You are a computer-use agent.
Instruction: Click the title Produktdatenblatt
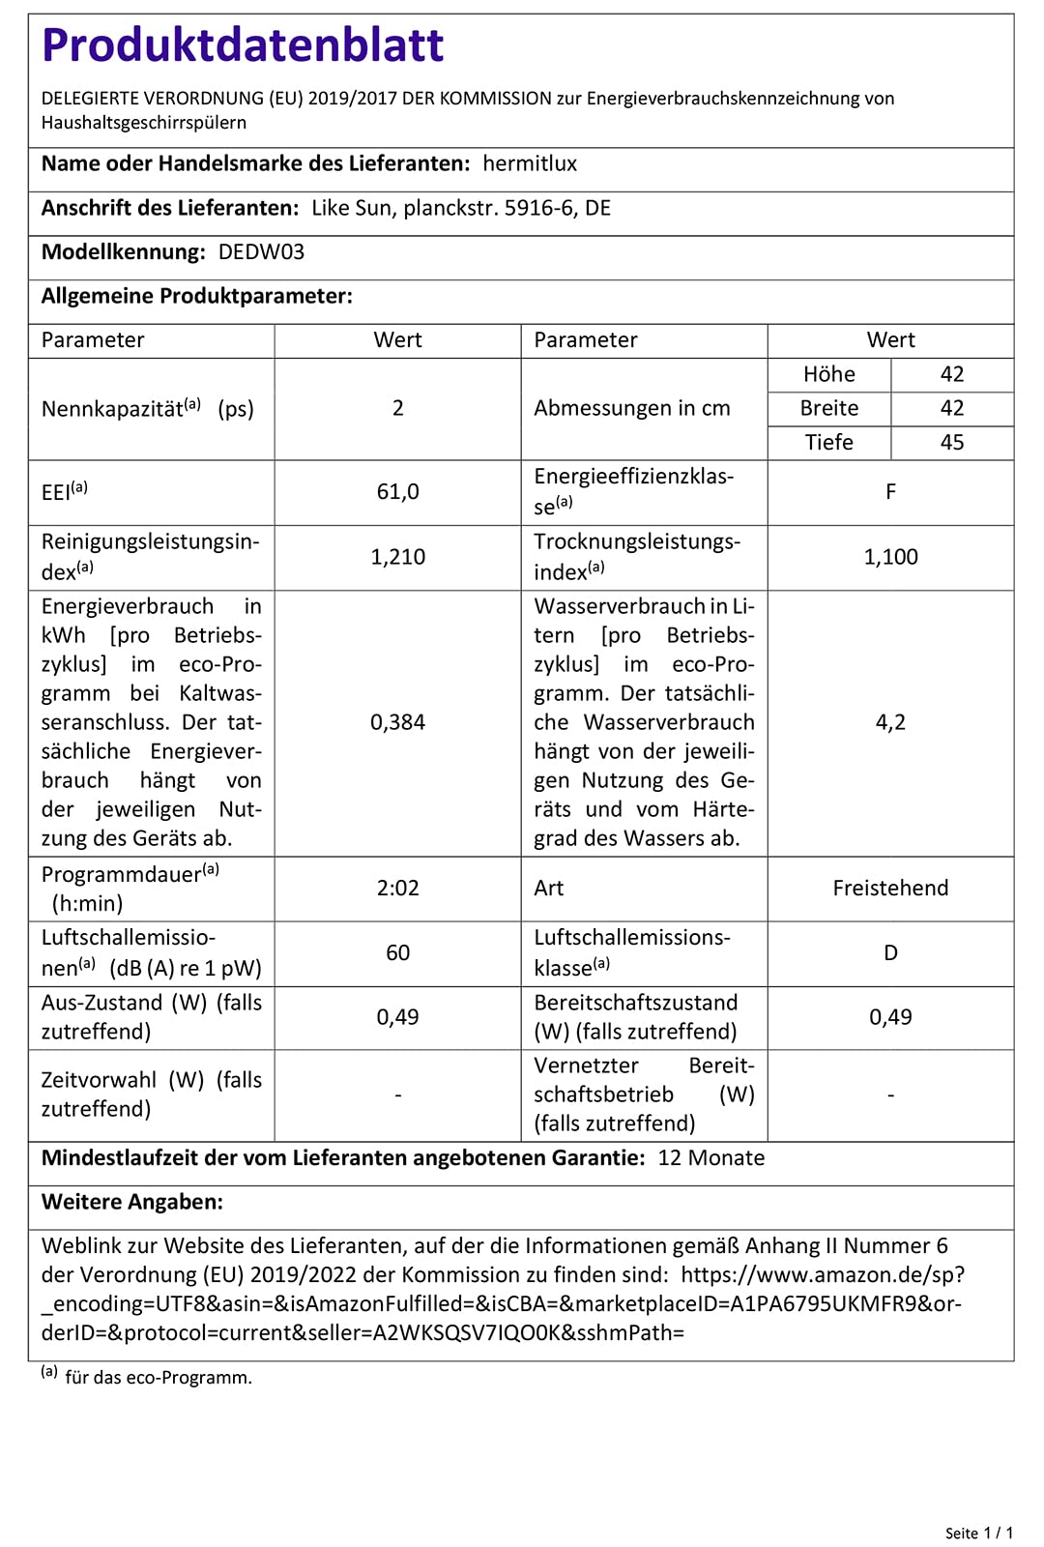[x=243, y=45]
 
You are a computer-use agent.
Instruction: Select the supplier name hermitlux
[x=530, y=163]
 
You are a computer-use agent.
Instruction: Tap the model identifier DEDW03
[x=261, y=252]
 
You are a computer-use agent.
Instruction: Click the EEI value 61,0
[x=397, y=492]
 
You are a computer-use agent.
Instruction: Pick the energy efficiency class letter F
[x=890, y=492]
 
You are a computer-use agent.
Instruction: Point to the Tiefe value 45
[x=952, y=443]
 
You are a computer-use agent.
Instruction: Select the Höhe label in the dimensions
[x=828, y=374]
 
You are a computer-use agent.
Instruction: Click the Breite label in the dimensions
[x=828, y=408]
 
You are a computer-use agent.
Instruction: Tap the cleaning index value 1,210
[x=397, y=557]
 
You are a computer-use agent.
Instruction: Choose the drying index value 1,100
[x=890, y=557]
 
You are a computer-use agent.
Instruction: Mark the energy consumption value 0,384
[x=397, y=722]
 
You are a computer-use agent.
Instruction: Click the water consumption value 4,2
[x=890, y=722]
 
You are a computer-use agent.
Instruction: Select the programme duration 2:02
[x=397, y=888]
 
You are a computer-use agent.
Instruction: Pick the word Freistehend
[x=890, y=888]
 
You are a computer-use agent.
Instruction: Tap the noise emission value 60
[x=397, y=953]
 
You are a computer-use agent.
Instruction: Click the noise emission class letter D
[x=890, y=953]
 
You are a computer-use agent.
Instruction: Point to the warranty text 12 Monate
[x=710, y=1158]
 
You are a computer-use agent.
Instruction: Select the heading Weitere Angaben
[x=132, y=1202]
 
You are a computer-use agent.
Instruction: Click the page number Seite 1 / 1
[x=978, y=1532]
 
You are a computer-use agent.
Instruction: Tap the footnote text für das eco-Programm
[x=159, y=1377]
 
